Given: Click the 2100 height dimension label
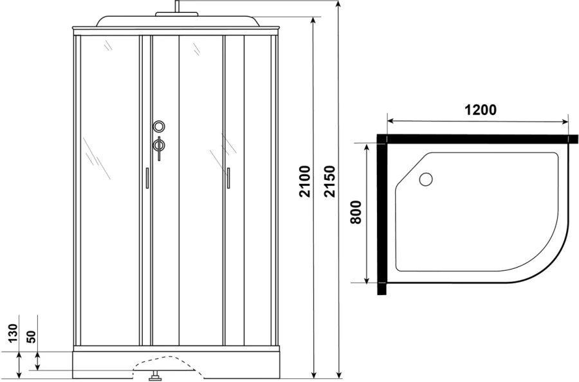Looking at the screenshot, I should tap(304, 181).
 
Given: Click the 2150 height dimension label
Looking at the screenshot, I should tap(329, 181).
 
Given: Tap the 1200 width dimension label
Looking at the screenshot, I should tap(480, 110).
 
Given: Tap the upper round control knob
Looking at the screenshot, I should tap(160, 127).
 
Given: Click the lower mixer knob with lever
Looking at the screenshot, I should tap(160, 145).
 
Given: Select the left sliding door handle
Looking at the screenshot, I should tap(147, 178).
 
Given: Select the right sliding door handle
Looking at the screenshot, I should tap(228, 178).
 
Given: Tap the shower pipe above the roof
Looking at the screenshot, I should tap(175, 6).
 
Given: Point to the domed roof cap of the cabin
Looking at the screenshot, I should tap(175, 19).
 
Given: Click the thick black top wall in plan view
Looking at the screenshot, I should tap(476, 138).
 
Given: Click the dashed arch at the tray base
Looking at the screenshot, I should tap(164, 361).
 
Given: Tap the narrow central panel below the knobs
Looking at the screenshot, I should tap(165, 257).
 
